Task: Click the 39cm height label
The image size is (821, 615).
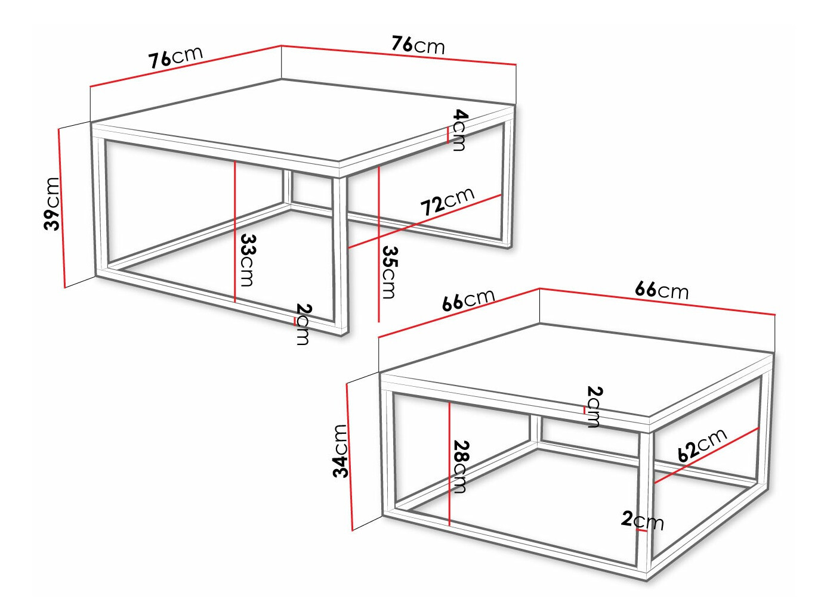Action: pyautogui.click(x=53, y=204)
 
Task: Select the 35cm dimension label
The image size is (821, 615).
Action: pyautogui.click(x=390, y=272)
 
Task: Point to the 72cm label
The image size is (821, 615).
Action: pyautogui.click(x=447, y=201)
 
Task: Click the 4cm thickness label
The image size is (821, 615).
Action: pyautogui.click(x=459, y=130)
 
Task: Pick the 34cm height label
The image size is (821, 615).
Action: pyautogui.click(x=340, y=451)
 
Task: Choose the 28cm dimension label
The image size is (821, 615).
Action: pyautogui.click(x=461, y=467)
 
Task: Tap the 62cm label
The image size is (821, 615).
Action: pyautogui.click(x=702, y=445)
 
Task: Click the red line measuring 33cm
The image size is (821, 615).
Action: pyautogui.click(x=235, y=232)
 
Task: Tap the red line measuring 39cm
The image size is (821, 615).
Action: pyautogui.click(x=61, y=209)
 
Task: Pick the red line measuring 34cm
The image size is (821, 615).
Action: pyautogui.click(x=350, y=456)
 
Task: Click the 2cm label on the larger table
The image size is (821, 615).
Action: pyautogui.click(x=303, y=324)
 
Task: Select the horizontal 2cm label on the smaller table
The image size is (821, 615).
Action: pyautogui.click(x=642, y=520)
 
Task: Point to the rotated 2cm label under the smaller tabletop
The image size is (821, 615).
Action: pyautogui.click(x=594, y=406)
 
